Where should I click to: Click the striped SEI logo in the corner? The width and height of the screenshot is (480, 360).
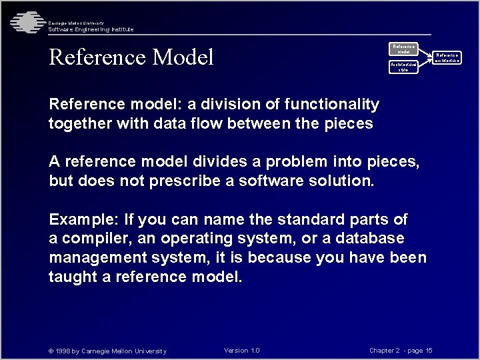[x=25, y=23]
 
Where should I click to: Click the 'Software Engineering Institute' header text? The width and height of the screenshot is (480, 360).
[x=91, y=29]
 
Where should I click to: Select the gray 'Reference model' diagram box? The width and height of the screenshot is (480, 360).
[x=403, y=49]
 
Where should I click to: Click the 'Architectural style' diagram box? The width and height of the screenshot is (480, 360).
[x=403, y=66]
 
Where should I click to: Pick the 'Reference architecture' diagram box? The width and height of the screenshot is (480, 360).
[x=447, y=58]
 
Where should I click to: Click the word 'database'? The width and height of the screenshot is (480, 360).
[x=371, y=239]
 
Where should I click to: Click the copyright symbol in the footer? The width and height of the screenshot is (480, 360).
[x=51, y=351]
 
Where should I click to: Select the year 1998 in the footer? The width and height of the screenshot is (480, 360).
[x=64, y=351]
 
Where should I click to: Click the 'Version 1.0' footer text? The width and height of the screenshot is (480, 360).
[x=242, y=351]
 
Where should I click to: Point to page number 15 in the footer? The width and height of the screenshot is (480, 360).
[x=429, y=351]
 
